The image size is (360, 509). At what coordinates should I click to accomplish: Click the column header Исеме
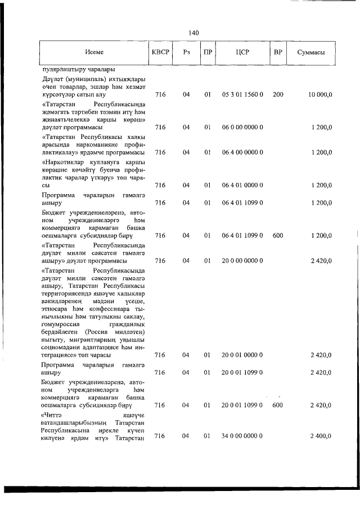point(94,52)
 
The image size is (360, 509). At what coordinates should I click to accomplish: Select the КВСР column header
point(160,52)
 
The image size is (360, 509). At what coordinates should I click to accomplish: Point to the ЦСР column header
point(242,52)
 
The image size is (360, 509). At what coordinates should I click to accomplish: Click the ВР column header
point(277,52)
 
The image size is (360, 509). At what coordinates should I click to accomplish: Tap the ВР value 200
point(277,95)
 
